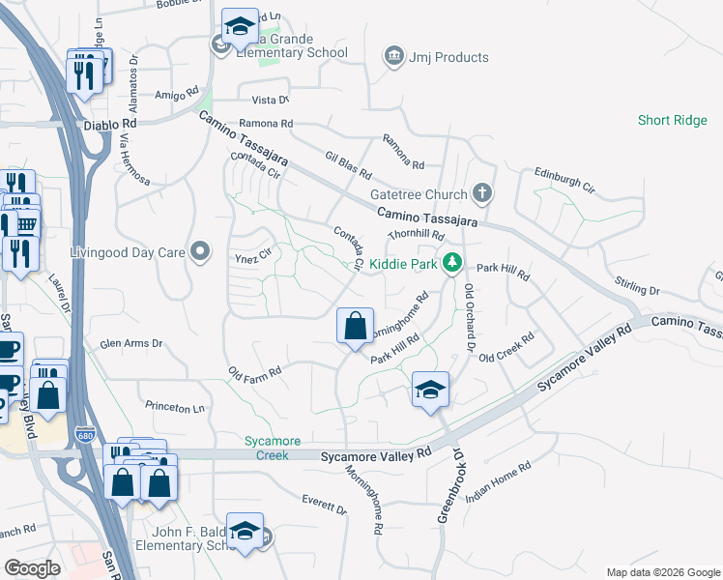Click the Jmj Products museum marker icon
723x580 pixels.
pos(393,57)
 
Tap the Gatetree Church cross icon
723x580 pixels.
pos(483,194)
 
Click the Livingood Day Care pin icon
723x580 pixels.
pos(200,252)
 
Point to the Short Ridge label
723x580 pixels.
pos(672,120)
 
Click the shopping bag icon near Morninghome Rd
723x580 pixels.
pos(355,326)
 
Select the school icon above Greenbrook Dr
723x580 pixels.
pos(430,390)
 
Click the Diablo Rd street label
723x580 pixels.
pos(110,125)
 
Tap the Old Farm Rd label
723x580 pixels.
pos(254,371)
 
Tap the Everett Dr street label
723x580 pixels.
pos(323,506)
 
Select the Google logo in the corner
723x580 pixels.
pos(32,567)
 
